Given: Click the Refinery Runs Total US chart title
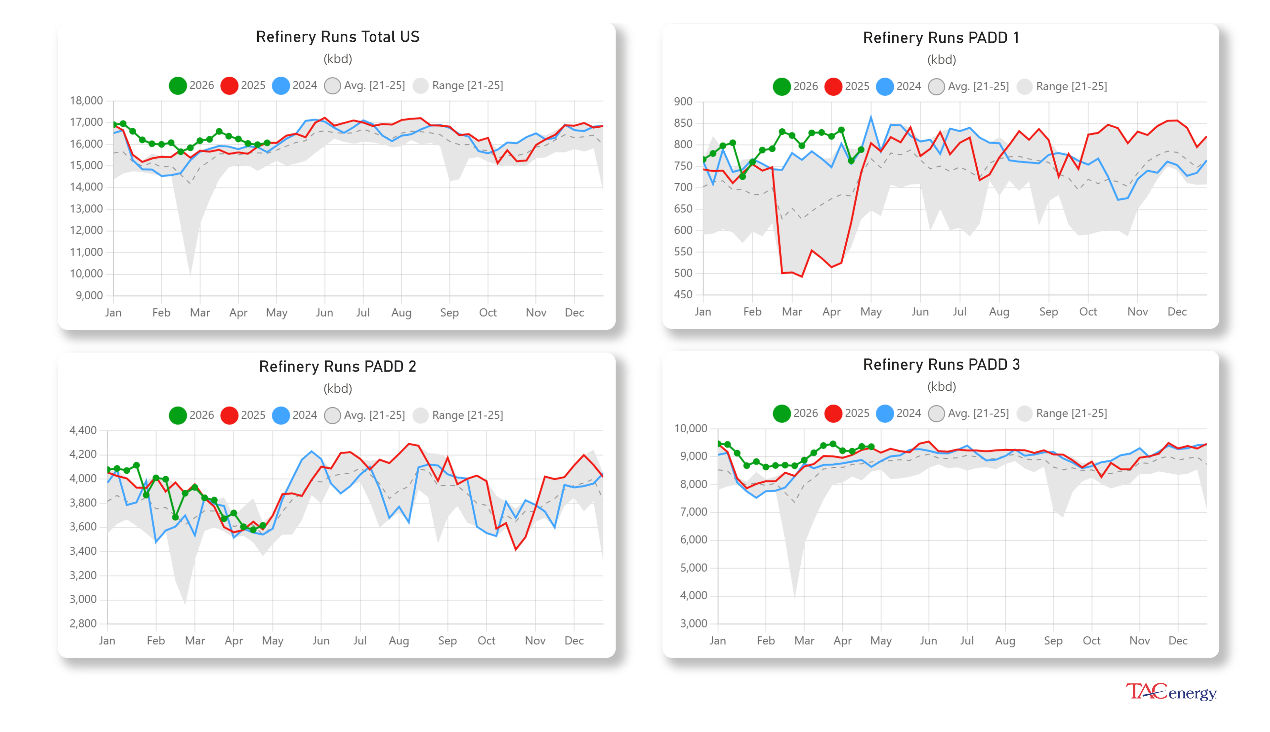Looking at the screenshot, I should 337,37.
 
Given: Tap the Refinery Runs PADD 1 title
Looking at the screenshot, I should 941,38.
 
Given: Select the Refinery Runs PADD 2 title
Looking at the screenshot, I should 337,366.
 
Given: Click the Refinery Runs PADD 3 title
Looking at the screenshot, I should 941,365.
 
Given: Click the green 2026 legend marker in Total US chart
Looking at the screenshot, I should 177,85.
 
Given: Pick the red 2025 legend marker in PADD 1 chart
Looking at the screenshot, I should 833,86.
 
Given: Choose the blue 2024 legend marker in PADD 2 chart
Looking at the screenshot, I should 280,415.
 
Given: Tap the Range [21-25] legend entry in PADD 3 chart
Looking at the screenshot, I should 1071,413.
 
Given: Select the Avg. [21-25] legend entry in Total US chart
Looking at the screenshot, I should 373,85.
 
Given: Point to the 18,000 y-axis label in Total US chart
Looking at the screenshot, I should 86,101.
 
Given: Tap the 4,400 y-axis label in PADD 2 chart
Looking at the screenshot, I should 83,430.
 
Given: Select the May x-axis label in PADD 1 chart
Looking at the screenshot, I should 870,312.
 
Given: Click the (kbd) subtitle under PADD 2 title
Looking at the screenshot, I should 337,389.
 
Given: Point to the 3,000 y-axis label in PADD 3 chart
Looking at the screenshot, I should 693,624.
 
